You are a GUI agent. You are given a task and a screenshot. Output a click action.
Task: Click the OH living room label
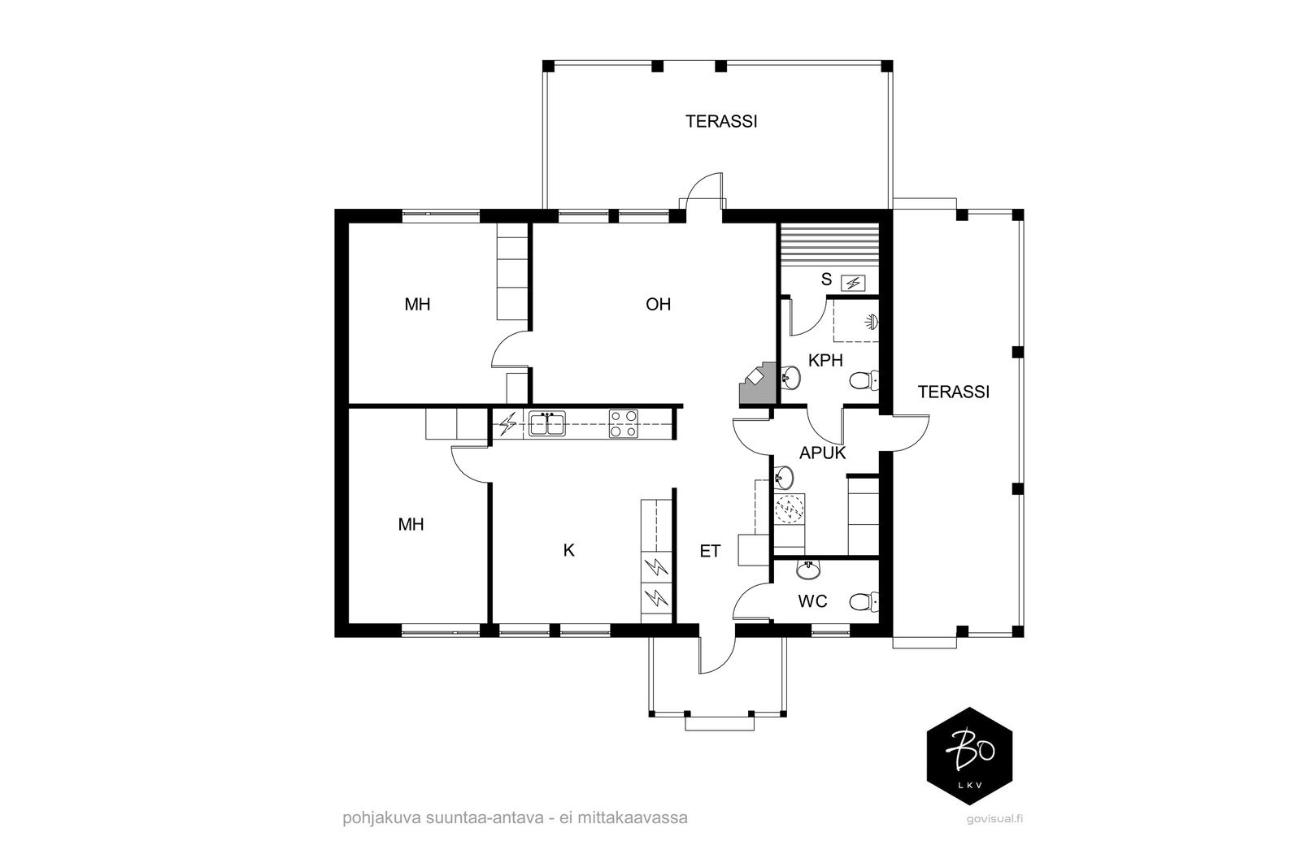point(658,304)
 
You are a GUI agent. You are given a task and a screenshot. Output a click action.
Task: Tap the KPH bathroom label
point(825,361)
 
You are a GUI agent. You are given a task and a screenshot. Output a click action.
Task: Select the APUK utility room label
point(822,453)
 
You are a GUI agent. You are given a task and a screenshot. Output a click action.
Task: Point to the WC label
point(812,601)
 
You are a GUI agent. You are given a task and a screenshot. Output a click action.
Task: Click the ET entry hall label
point(710,551)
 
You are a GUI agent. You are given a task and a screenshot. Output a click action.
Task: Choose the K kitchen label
point(568,550)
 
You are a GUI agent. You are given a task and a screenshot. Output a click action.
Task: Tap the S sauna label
point(826,280)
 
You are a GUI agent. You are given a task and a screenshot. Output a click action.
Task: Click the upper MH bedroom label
point(418,304)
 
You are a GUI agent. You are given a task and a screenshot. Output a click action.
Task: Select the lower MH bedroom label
point(411,525)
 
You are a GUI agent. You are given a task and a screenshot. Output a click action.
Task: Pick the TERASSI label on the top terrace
point(721,121)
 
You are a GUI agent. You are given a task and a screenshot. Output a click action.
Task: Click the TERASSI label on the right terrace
point(954,392)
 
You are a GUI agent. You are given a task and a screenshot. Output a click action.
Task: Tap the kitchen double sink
point(546,423)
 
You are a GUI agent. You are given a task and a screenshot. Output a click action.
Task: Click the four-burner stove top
point(623,423)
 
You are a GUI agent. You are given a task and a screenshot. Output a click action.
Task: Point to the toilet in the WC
point(864,602)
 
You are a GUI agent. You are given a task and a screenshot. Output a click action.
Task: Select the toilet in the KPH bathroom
point(864,381)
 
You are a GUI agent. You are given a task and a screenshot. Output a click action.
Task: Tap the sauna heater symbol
point(854,284)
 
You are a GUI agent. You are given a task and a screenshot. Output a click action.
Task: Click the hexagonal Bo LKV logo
point(969,756)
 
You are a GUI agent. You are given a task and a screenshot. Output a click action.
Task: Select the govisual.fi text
point(995,819)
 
